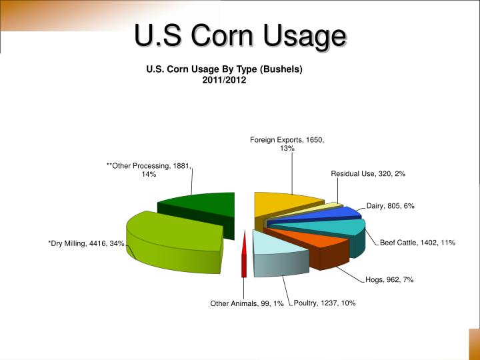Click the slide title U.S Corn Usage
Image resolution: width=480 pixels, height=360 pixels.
[x=241, y=37]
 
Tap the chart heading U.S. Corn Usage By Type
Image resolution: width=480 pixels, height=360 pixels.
[x=225, y=69]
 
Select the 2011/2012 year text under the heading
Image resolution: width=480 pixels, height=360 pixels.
[x=225, y=80]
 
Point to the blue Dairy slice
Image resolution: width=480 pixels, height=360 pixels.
[x=333, y=215]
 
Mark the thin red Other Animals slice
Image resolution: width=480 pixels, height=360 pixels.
[x=244, y=253]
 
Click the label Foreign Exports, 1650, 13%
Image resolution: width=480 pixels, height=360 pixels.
[x=287, y=144]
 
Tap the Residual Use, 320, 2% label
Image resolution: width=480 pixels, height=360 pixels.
[x=368, y=173]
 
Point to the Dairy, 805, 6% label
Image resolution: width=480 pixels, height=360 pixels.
[x=390, y=206]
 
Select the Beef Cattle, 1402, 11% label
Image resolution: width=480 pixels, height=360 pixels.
[x=417, y=243]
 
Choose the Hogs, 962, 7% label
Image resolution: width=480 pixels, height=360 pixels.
[x=389, y=280]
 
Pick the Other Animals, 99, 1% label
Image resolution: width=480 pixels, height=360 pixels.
[x=247, y=303]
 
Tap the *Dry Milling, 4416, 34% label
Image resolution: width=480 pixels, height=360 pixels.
[x=86, y=243]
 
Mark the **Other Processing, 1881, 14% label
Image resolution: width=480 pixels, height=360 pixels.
[x=149, y=169]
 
